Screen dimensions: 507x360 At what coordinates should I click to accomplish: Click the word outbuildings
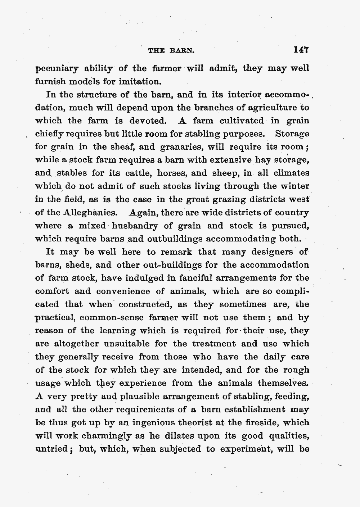coord(171,239)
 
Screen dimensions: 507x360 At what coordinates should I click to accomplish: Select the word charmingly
coord(102,436)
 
